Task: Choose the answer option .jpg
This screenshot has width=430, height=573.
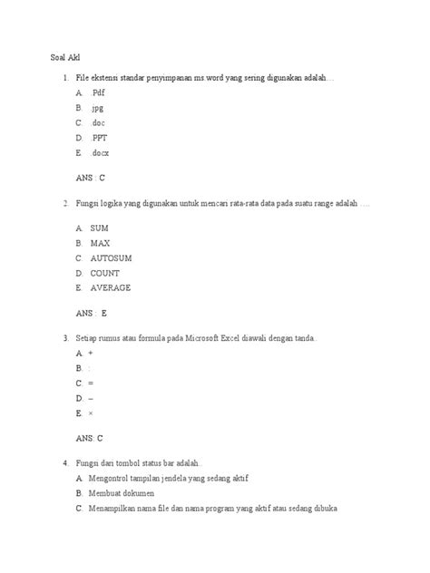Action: pyautogui.click(x=97, y=108)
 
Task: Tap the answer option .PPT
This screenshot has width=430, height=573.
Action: pyautogui.click(x=99, y=138)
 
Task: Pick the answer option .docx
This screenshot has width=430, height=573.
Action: pyautogui.click(x=100, y=153)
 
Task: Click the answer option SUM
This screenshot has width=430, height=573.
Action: pyautogui.click(x=99, y=229)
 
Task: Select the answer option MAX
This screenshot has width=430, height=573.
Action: pyautogui.click(x=100, y=244)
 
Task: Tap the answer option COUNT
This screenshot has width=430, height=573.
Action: pyautogui.click(x=105, y=273)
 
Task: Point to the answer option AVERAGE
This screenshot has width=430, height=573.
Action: pyautogui.click(x=110, y=287)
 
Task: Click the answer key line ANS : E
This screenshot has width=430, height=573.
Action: pyautogui.click(x=92, y=313)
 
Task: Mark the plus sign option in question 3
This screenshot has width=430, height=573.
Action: pyautogui.click(x=91, y=353)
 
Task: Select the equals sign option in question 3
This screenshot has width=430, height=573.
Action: pyautogui.click(x=91, y=383)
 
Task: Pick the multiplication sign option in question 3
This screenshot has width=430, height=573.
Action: pyautogui.click(x=91, y=413)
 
